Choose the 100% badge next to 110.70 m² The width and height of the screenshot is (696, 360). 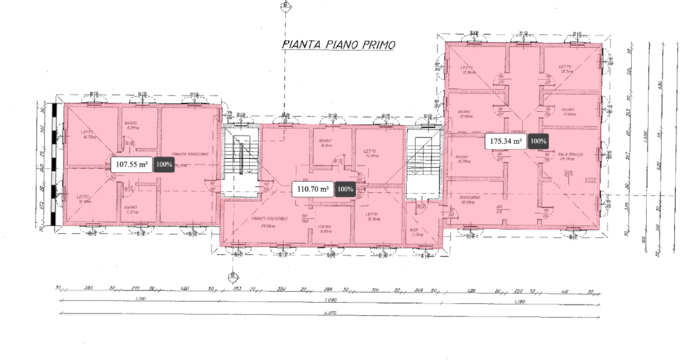(x=345, y=189)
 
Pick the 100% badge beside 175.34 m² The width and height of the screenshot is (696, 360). (x=538, y=141)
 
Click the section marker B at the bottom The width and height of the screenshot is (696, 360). (x=232, y=276)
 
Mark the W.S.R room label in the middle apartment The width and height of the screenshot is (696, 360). (x=415, y=234)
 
